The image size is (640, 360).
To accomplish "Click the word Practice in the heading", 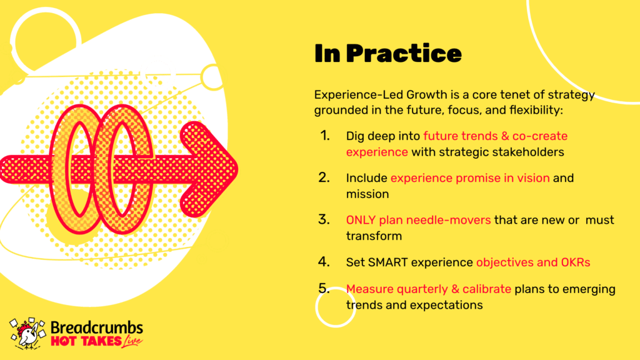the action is click(404, 54).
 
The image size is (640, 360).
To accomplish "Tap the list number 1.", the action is click(325, 136).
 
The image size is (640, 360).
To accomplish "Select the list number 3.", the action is click(324, 219).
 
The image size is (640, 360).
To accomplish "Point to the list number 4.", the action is click(324, 262).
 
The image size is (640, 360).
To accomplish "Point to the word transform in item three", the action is click(374, 236).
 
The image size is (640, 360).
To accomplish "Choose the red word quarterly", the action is click(422, 289).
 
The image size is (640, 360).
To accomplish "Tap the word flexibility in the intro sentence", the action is click(536, 110).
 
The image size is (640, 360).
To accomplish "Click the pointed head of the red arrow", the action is click(235, 169).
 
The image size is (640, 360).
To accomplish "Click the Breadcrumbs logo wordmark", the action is click(97, 327).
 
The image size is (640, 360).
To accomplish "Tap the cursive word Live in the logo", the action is click(132, 341).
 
